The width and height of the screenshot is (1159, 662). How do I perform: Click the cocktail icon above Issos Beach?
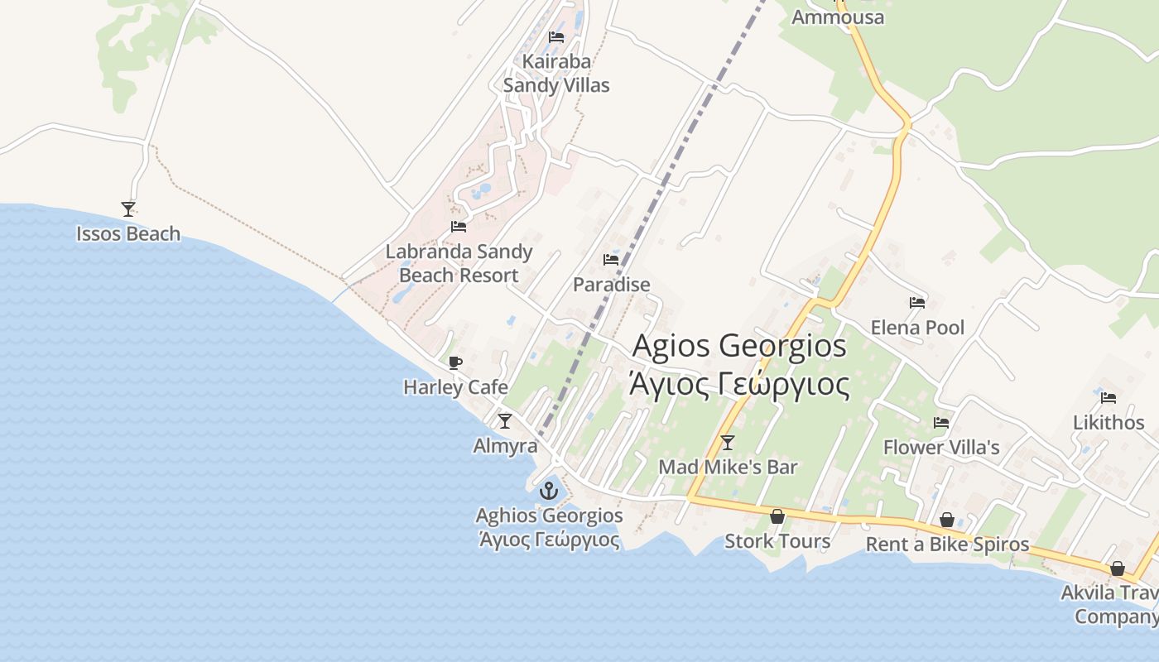pos(127,209)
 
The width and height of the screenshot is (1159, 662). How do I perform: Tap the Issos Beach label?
pos(128,234)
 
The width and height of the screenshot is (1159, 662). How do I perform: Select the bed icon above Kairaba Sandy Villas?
pos(556,36)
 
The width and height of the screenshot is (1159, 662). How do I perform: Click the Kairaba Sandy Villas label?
pos(556,73)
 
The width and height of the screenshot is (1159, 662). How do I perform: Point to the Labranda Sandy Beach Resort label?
pos(459,263)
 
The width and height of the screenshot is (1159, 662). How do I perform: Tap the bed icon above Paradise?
pos(611,259)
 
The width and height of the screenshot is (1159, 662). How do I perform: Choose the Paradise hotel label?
pos(612,285)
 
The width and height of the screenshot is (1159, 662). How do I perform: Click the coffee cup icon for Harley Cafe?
pos(454,362)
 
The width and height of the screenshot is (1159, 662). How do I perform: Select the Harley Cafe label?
pos(455,386)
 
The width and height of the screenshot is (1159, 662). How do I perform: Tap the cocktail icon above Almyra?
pos(504,420)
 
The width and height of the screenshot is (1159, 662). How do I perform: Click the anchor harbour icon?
pos(548,491)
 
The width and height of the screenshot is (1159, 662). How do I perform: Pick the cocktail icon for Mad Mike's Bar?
pos(727,442)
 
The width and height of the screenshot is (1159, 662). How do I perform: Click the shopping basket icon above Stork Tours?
pos(777,516)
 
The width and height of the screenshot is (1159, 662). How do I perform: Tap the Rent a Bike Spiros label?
pos(947,544)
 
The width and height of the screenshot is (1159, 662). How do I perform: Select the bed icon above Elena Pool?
pos(917,302)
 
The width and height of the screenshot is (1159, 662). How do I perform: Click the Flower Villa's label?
pos(941,448)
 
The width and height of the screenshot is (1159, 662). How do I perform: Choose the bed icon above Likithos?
pos(1109,397)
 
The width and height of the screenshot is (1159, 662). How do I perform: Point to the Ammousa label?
pos(838,17)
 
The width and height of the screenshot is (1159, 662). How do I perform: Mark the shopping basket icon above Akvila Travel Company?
pos(1117,568)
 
